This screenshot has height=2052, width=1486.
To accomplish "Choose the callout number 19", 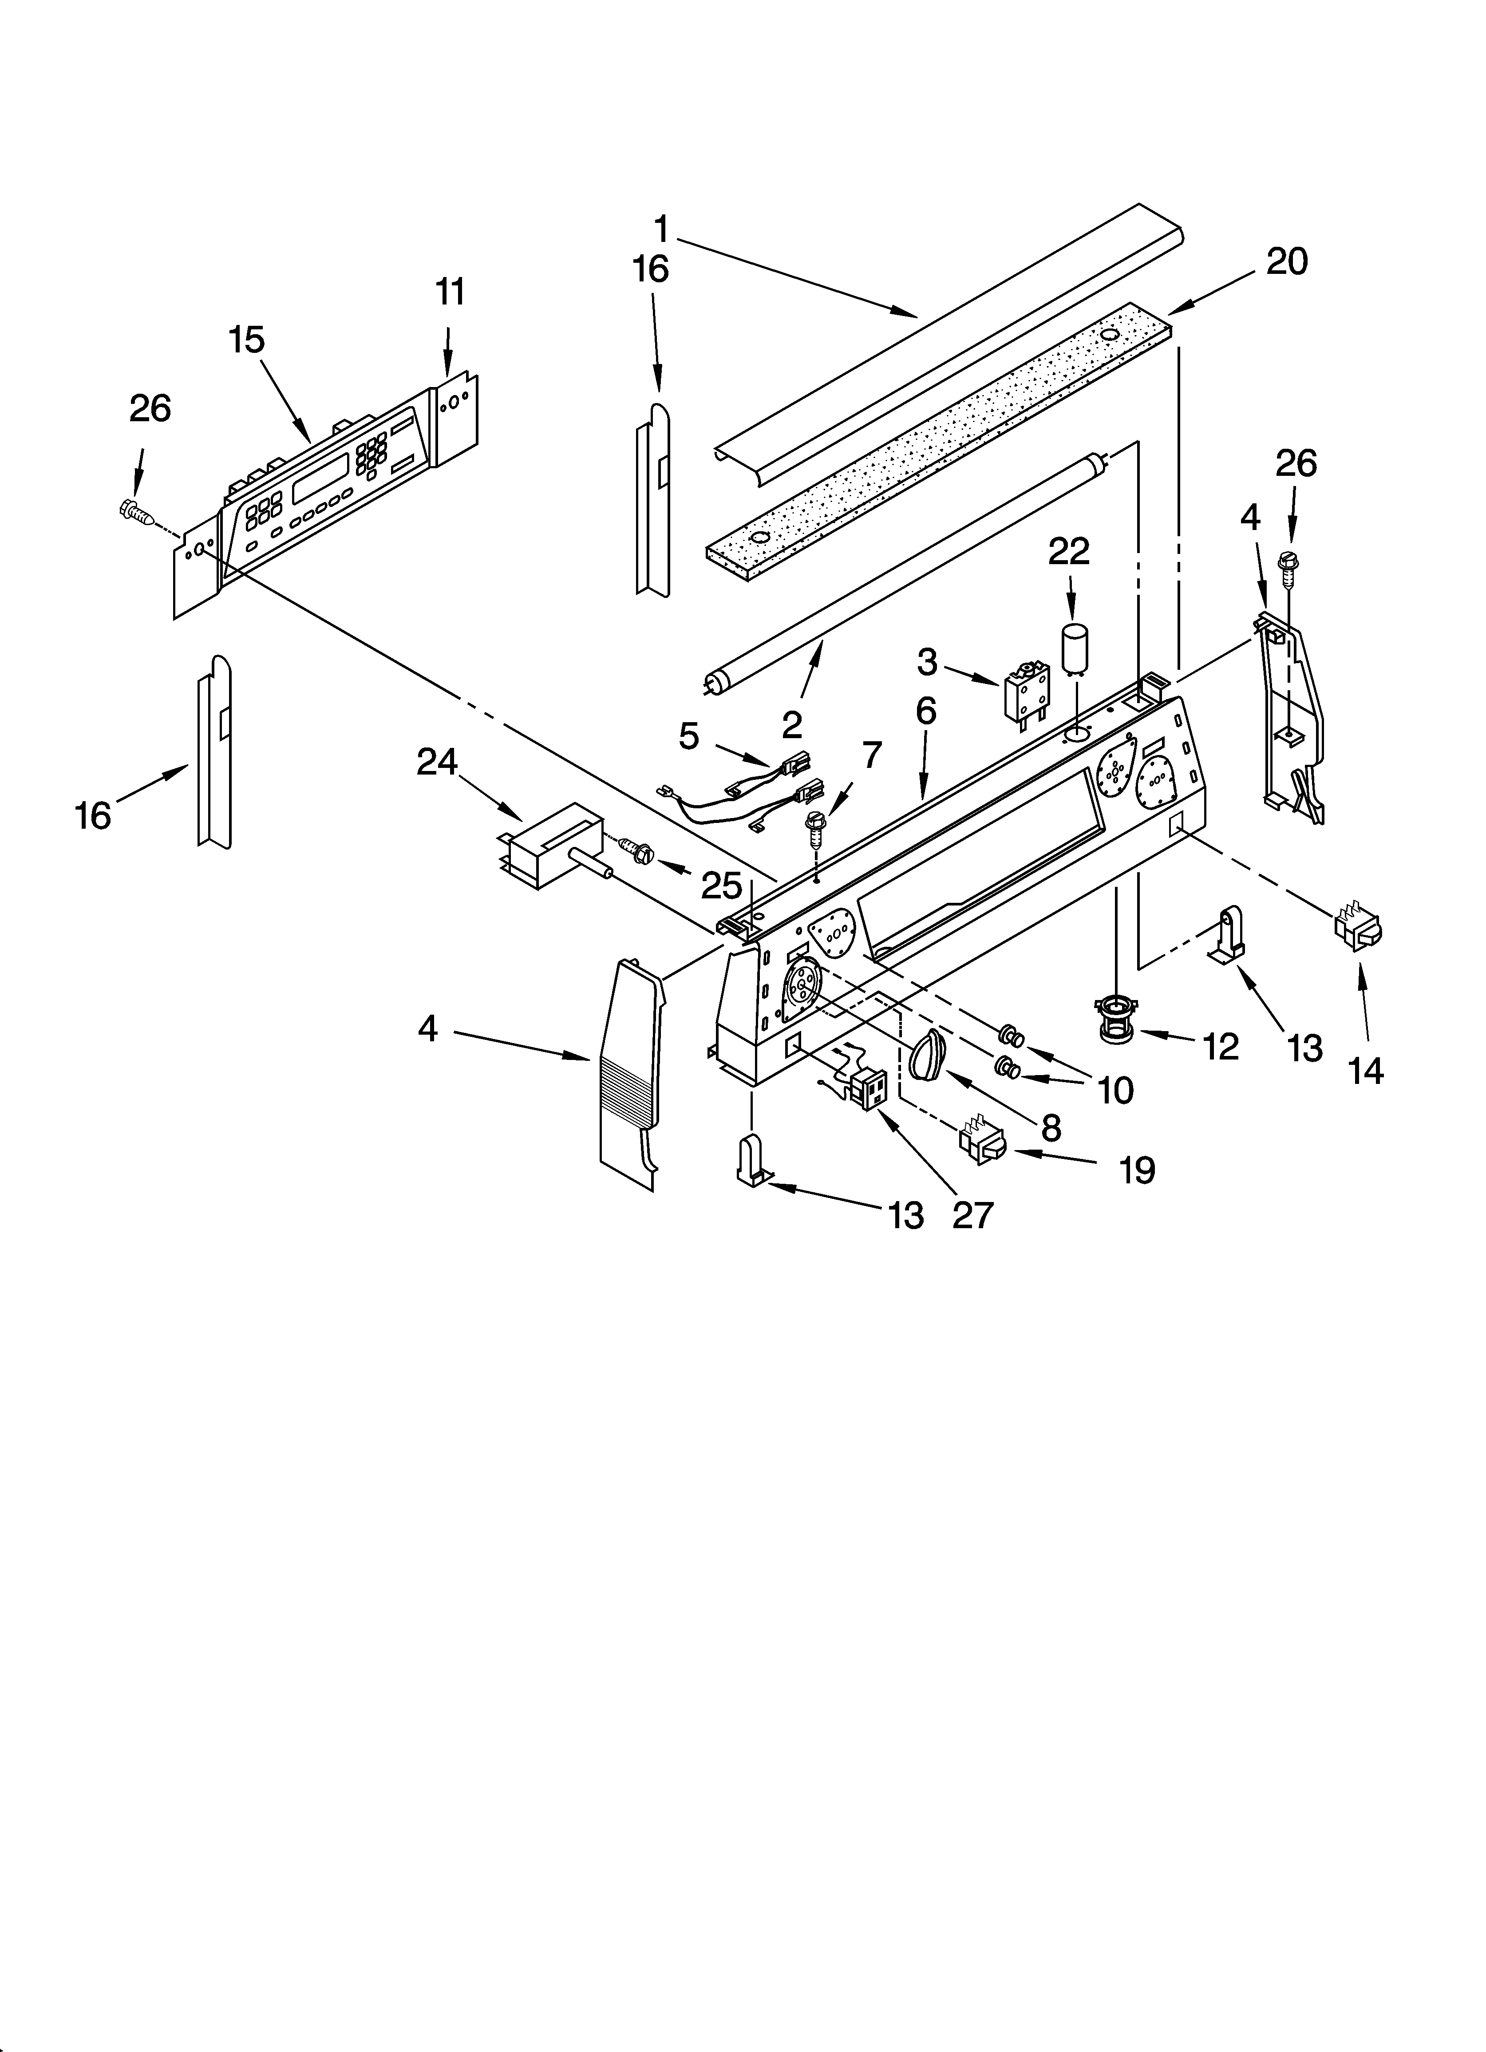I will [1137, 1171].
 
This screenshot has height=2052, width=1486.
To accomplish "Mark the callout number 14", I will [1366, 1071].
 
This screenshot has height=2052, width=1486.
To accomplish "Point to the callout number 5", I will [690, 736].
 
